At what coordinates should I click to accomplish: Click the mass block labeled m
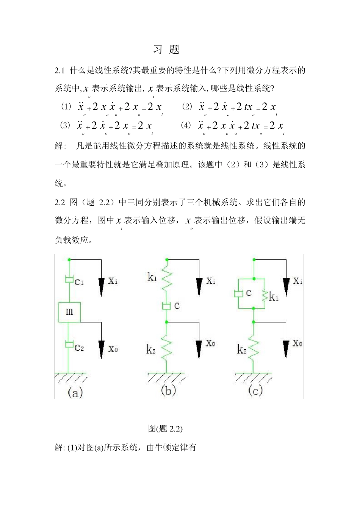pos(69,312)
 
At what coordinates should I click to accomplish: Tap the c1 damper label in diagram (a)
pos(79,281)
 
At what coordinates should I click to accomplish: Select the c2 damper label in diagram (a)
pos(79,347)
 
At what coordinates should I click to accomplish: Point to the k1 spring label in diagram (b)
pos(152,277)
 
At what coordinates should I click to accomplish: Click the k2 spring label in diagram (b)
pos(151,350)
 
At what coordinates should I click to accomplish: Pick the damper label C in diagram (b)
pos(177,306)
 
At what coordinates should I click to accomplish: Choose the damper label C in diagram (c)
pos(249,293)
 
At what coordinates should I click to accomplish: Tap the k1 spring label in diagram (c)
pos(274,297)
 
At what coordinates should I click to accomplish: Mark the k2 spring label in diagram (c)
pos(242,350)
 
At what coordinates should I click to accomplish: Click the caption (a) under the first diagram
pos(75,393)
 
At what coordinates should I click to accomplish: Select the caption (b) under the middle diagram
pos(168,390)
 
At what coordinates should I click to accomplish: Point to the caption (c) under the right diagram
pos(255,390)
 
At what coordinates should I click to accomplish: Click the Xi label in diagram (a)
pos(113,281)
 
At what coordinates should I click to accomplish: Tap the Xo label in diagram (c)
pos(297,343)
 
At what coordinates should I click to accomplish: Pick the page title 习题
pos(166,49)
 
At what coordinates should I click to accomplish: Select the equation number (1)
pos(66,106)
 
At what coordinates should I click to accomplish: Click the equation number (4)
pos(186,125)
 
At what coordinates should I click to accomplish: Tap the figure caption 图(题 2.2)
pos(165,428)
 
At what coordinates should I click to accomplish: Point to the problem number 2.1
pos(60,70)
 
